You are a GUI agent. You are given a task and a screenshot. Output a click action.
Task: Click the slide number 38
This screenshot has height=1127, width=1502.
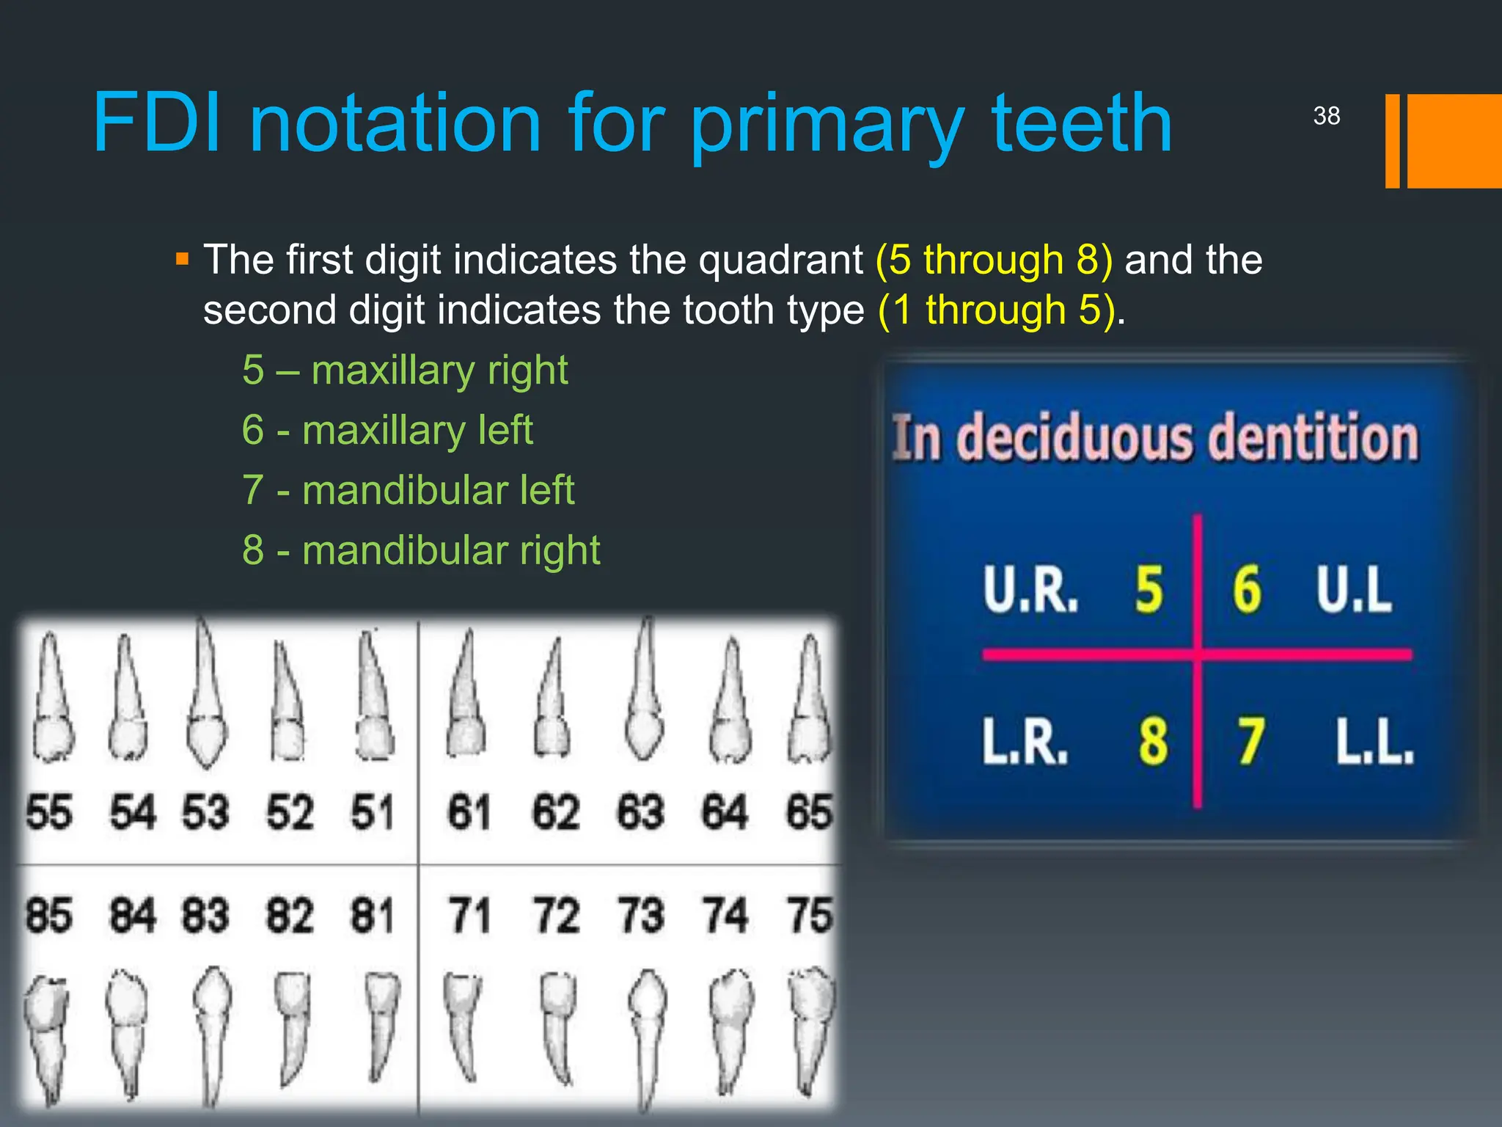click(x=1326, y=116)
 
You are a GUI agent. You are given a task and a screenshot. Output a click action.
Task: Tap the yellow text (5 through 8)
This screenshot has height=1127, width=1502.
click(x=994, y=260)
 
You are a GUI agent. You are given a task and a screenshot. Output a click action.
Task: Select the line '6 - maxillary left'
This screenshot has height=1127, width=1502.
click(x=387, y=430)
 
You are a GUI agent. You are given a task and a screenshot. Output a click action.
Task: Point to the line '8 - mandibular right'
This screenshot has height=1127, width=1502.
click(x=421, y=550)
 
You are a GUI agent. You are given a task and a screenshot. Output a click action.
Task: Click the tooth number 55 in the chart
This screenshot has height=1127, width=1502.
click(x=48, y=812)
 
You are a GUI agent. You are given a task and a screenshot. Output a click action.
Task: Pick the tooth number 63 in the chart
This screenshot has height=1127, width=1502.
click(x=640, y=812)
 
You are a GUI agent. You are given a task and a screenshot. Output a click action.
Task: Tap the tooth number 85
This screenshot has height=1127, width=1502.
click(x=48, y=915)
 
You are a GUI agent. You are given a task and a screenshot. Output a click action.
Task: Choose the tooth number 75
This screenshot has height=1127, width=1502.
click(x=809, y=915)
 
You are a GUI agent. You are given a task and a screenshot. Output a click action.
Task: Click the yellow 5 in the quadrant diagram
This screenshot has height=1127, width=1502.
click(x=1149, y=590)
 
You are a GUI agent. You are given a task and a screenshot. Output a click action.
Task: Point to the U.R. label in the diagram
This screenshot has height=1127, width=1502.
click(x=1030, y=590)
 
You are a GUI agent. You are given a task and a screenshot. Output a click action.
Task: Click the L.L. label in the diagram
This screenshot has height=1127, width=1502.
click(x=1374, y=741)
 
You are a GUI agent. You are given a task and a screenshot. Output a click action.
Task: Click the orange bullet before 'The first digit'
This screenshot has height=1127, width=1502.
click(x=183, y=260)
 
